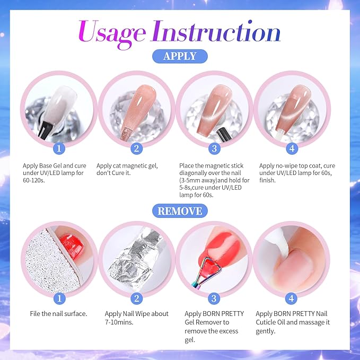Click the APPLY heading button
tap(180, 56)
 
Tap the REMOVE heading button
tap(180, 211)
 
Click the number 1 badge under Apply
tap(60, 148)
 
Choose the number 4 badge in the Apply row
tap(292, 148)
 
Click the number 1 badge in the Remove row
tap(60, 298)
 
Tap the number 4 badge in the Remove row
tap(292, 298)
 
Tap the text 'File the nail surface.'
tap(59, 314)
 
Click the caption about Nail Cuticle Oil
tap(292, 322)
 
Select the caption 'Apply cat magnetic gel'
tap(127, 170)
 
